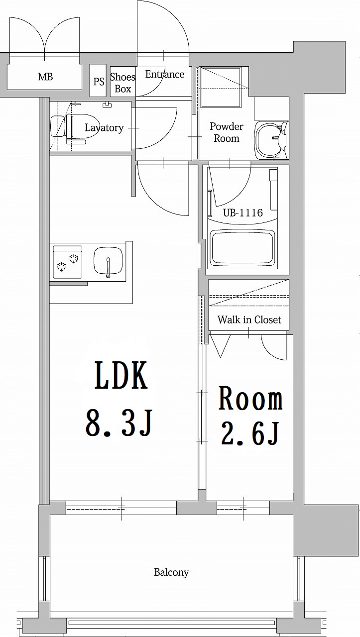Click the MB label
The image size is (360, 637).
tap(45, 77)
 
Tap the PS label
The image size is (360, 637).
tap(99, 81)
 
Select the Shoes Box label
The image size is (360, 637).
tap(122, 83)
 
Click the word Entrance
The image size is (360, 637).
tap(165, 75)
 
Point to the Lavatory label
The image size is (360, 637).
tap(104, 128)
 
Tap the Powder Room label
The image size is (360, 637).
tap(227, 132)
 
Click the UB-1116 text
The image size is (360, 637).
tap(242, 213)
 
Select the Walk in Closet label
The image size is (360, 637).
tap(249, 319)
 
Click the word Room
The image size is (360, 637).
tap(250, 400)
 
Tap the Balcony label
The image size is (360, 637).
tap(171, 572)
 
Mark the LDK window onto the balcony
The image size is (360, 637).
tap(121, 508)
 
